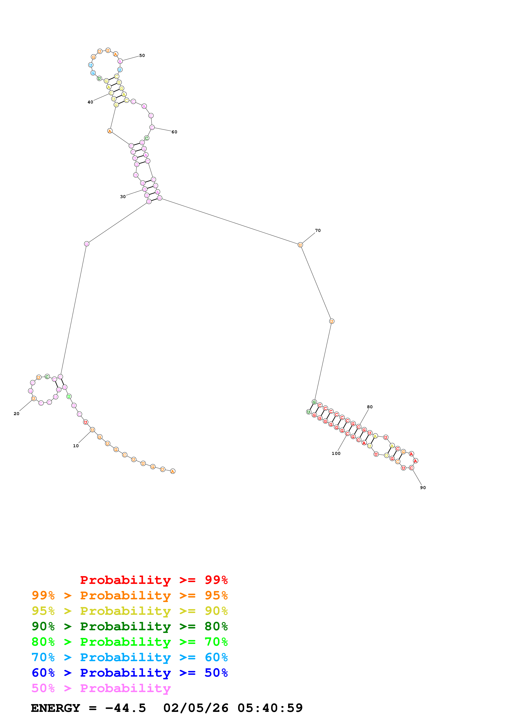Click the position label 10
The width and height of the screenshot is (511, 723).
pos(76,446)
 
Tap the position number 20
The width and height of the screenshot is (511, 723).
pos(16,414)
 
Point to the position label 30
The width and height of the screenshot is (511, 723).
pos(123,197)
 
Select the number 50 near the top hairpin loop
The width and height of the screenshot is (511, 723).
pos(142,56)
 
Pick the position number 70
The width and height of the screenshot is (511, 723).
pos(318,230)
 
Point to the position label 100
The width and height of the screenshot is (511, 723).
pos(336,453)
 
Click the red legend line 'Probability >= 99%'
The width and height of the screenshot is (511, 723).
pos(154,580)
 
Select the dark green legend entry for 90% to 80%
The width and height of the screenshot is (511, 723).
pos(129,626)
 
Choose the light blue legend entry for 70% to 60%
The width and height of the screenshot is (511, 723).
pos(129,657)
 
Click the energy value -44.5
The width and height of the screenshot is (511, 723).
pos(125,708)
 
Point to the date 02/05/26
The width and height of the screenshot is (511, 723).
pos(196,708)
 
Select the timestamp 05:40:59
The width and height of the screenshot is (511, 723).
pos(270,708)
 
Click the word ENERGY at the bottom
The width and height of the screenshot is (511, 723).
pos(55,708)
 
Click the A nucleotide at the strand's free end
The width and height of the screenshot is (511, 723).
pos(173,471)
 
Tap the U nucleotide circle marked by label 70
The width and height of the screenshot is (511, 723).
pos(300,245)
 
